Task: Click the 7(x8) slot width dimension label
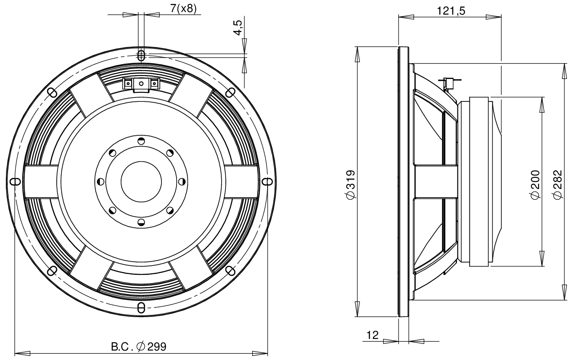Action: (186, 9)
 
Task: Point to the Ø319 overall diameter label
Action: (351, 184)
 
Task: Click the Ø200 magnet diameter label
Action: (535, 184)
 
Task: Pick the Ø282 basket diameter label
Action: (558, 184)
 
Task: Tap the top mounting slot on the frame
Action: (141, 55)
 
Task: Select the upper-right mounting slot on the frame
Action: (230, 92)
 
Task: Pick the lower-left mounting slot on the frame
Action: (52, 270)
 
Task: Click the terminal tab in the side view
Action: (449, 82)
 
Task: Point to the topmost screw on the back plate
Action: (141, 141)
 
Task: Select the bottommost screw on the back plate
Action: (141, 221)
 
